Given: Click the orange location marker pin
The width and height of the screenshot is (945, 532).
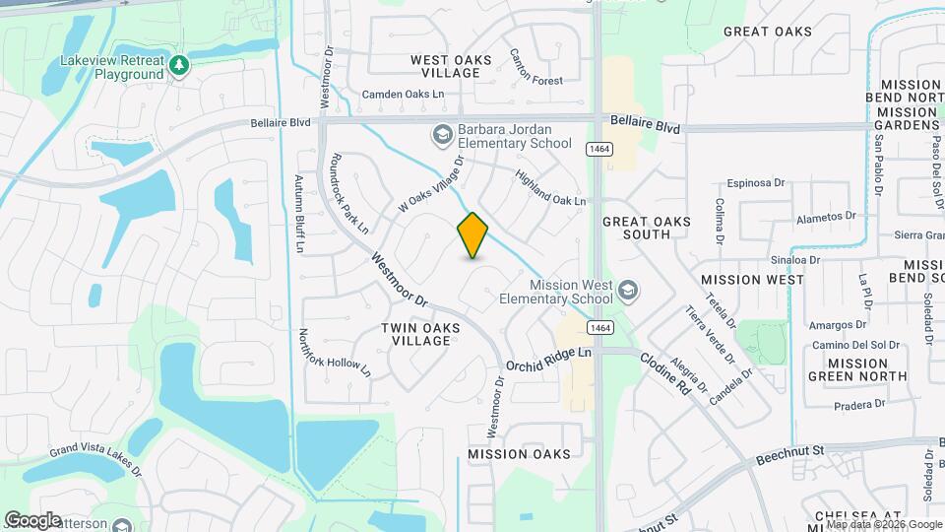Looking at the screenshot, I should click(x=473, y=234).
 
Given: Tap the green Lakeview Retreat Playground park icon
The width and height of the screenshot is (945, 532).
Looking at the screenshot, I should click(x=178, y=66).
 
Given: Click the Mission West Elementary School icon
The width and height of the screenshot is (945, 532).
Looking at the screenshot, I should click(x=627, y=291).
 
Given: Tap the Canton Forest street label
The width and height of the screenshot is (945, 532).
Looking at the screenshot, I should click(x=535, y=67).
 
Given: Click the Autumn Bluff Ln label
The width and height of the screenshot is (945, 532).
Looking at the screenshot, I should click(x=300, y=214).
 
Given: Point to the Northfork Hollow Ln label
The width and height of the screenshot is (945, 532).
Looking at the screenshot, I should click(x=335, y=353).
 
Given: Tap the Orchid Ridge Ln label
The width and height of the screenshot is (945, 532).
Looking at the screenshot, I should click(x=549, y=359).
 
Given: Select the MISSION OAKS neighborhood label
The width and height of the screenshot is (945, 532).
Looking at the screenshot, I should click(x=519, y=454).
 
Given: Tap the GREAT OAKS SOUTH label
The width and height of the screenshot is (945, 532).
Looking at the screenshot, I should click(x=647, y=229).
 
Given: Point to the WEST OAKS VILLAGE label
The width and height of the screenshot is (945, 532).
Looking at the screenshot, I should click(x=451, y=67).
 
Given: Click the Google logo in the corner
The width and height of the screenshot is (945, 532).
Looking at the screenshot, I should click(x=33, y=519).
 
